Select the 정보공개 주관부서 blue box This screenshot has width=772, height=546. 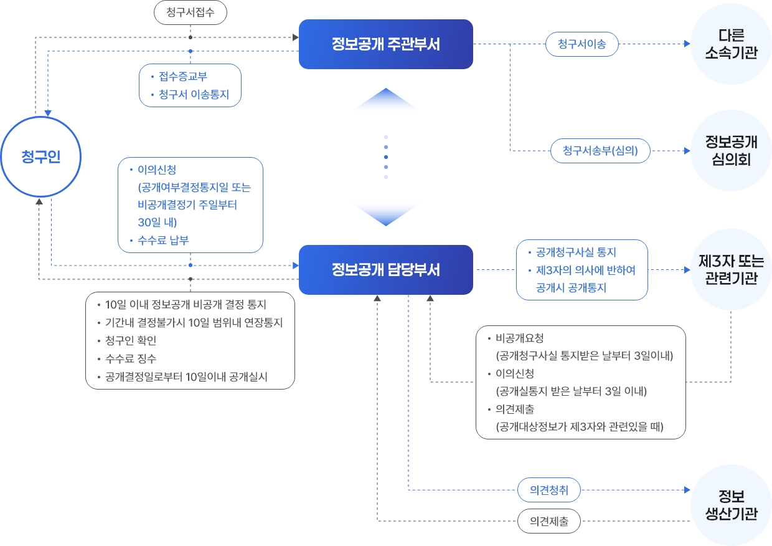click(x=385, y=44)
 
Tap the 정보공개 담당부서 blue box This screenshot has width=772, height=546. click(x=385, y=270)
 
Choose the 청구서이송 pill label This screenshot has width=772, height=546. click(x=581, y=44)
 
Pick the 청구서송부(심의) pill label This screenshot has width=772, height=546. click(x=600, y=150)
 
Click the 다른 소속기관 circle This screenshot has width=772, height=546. click(x=731, y=44)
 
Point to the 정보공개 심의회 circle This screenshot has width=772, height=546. click(x=731, y=150)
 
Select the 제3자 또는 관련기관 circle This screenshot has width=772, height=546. click(x=731, y=270)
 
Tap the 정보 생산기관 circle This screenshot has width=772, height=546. click(x=731, y=505)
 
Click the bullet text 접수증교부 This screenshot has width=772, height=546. click(x=182, y=77)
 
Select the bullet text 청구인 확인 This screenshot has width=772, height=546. click(x=131, y=341)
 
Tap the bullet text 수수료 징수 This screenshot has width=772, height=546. click(x=131, y=359)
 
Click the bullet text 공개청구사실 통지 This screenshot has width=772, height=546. click(x=576, y=252)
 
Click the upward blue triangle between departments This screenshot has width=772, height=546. click(x=386, y=100)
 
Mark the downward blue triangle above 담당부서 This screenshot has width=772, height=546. click(x=386, y=215)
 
